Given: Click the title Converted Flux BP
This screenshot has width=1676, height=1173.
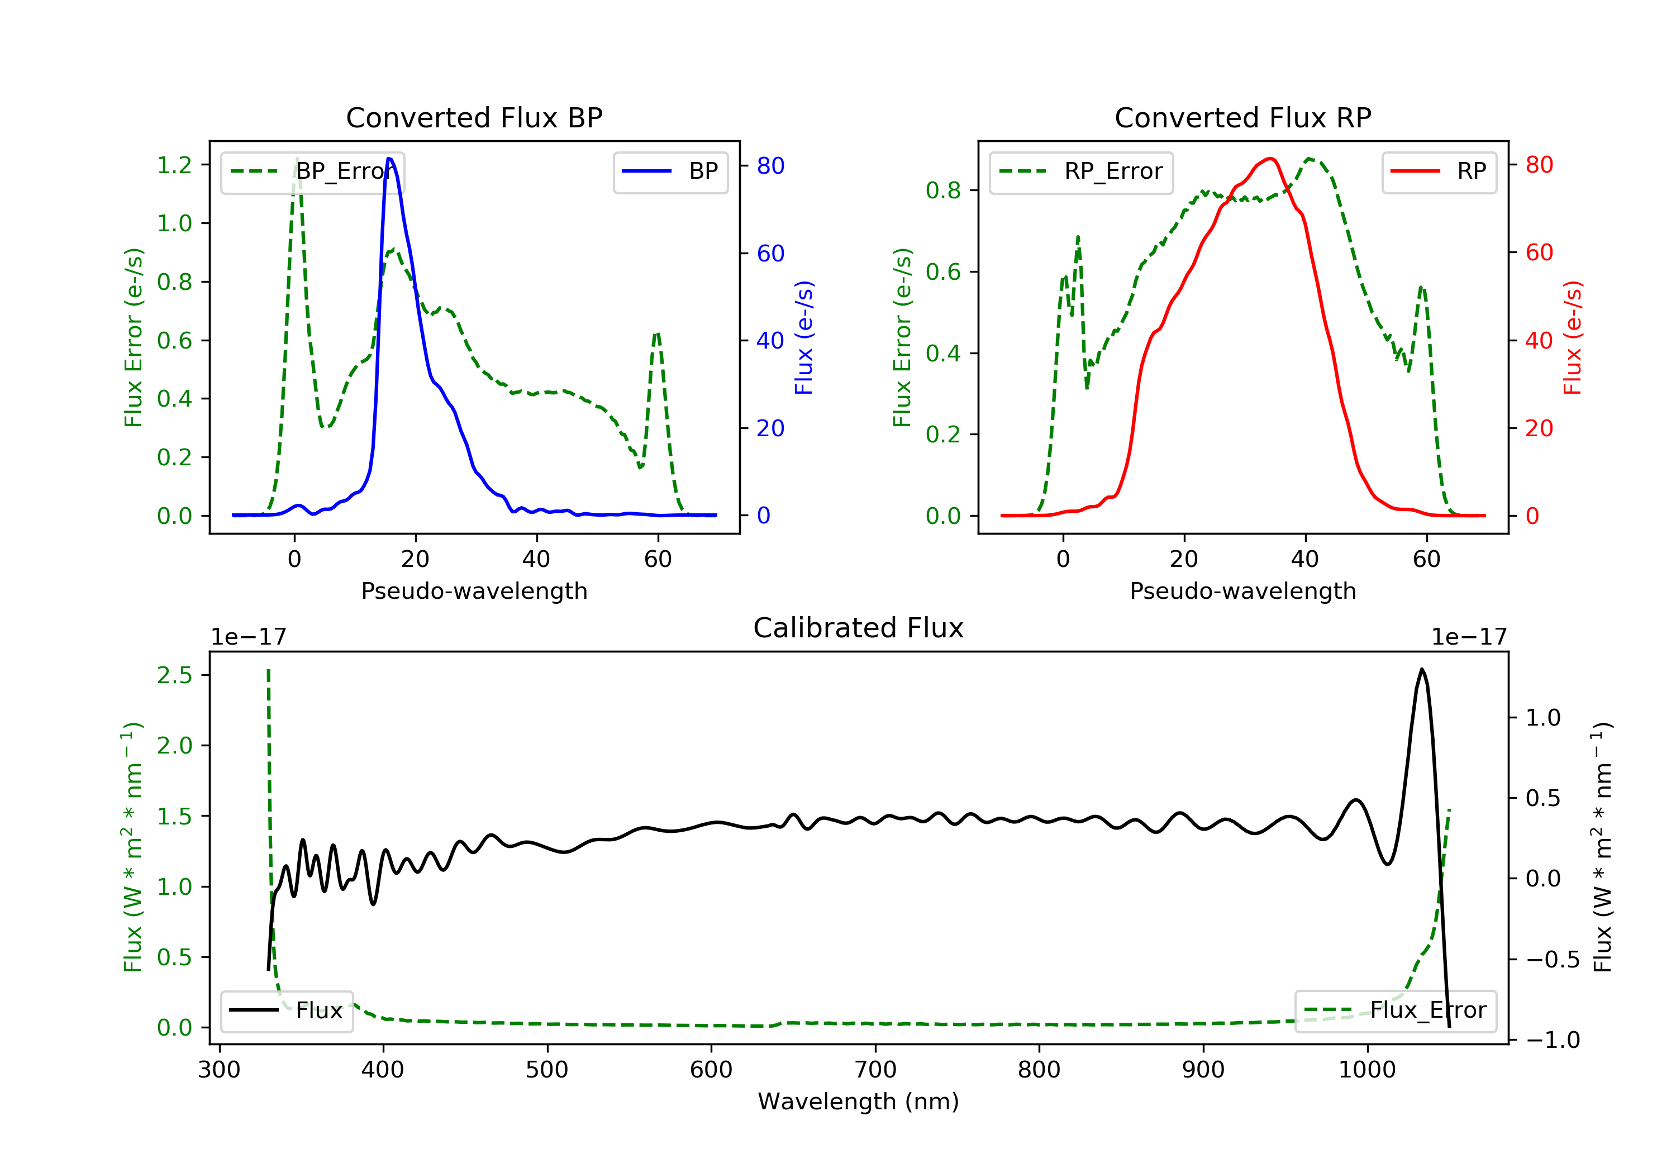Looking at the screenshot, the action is (474, 117).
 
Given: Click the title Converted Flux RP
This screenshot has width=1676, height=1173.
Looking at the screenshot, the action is (1242, 117).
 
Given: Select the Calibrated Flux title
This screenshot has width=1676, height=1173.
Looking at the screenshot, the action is (859, 628).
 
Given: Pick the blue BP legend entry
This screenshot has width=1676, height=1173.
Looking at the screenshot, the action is (670, 171).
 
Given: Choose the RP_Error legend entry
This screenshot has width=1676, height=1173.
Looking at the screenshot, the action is (1080, 171).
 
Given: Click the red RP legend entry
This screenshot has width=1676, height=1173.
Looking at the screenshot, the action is (1439, 171).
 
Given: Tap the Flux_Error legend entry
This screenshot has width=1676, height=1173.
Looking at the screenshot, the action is (1395, 1010).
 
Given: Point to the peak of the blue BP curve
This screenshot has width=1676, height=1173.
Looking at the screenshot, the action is (389, 159).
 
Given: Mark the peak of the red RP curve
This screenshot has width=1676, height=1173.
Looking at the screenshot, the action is (1270, 159).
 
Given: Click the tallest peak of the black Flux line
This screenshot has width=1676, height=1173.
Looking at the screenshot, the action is (1421, 669).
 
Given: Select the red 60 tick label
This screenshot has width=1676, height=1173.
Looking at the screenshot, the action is (1540, 252).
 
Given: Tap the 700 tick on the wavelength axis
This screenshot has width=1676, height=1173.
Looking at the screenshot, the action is (875, 1070).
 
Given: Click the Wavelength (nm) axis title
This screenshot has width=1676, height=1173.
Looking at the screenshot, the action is (859, 1102).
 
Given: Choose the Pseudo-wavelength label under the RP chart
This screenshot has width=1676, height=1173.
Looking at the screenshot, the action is (1242, 590).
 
